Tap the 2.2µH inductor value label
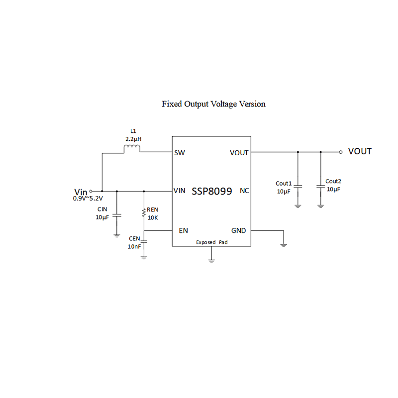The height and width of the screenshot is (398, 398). (x=132, y=140)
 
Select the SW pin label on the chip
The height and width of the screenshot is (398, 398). (x=180, y=153)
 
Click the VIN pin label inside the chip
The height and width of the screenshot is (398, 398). (x=180, y=191)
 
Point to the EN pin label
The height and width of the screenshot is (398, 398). (x=183, y=231)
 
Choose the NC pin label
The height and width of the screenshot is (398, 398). (x=244, y=191)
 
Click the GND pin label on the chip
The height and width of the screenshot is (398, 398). (x=238, y=231)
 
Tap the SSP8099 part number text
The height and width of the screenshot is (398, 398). (x=211, y=191)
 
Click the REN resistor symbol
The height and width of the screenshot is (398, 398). (x=144, y=213)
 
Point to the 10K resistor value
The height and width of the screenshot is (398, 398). (x=152, y=217)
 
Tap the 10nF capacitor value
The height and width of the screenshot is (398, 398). (x=134, y=246)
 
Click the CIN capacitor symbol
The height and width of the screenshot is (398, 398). (x=117, y=216)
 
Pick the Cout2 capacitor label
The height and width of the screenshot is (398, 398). (x=333, y=181)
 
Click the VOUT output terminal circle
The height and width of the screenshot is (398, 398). (x=340, y=152)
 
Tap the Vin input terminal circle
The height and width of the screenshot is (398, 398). (x=91, y=191)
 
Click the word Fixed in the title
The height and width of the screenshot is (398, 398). (x=172, y=104)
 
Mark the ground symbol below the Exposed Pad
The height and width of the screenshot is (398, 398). (x=211, y=259)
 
